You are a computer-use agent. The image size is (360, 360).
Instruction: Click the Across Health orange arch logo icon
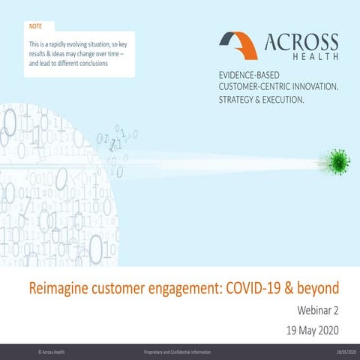238,45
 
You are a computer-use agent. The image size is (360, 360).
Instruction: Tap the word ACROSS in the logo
299,42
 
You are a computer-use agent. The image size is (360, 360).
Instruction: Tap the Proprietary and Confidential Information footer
177,352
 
